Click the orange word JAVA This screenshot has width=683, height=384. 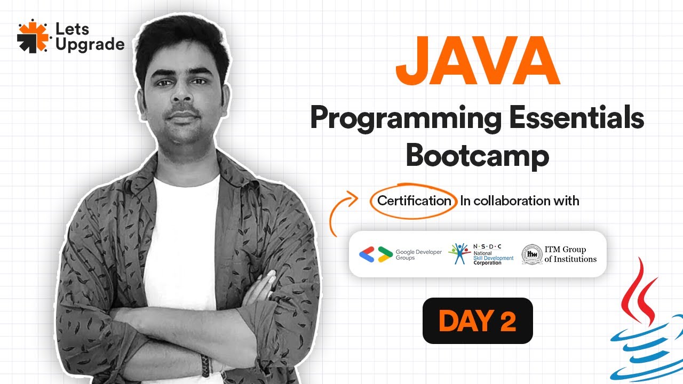click(478, 62)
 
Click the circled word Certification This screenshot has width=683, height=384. click(414, 201)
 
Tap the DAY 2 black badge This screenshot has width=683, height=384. click(478, 321)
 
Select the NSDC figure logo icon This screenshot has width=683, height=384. click(459, 254)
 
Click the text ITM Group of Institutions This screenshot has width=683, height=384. click(570, 254)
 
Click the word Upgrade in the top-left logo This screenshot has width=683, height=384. click(90, 45)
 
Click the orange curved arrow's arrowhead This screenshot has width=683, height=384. click(354, 199)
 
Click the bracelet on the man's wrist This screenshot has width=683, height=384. click(205, 365)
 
